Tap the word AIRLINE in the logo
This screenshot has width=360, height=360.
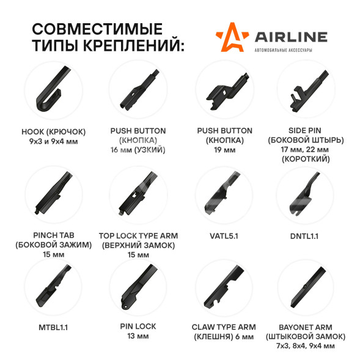tap(291, 37)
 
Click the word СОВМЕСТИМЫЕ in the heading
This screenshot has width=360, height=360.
tap(97, 29)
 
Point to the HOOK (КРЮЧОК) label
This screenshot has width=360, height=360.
tap(54, 132)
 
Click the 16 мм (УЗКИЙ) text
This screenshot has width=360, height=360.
tap(138, 150)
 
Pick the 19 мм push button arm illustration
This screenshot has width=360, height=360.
tap(227, 91)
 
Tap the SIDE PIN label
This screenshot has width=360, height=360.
tap(304, 130)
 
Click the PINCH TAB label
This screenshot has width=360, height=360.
tap(54, 235)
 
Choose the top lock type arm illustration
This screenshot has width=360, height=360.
tap(138, 193)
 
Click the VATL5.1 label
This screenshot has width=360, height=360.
tap(224, 236)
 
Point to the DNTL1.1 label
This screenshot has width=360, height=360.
tap(304, 237)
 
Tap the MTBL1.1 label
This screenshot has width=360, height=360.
tap(53, 328)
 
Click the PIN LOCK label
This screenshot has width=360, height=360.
tap(138, 326)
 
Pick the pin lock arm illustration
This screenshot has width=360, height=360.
tap(139, 287)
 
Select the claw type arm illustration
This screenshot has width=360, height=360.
tap(224, 287)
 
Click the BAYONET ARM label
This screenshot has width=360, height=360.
tap(306, 327)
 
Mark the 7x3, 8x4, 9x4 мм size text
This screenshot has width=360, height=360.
tap(306, 346)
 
